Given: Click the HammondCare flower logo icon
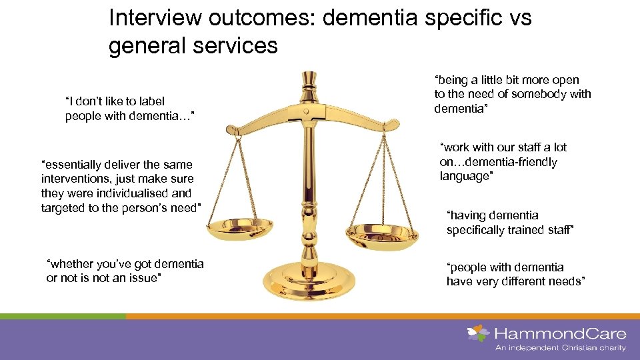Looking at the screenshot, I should point(477,333).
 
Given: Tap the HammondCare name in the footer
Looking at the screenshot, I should point(559,333).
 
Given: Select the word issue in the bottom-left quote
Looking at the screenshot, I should point(145,278).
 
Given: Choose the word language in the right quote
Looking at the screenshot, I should point(465,176).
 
